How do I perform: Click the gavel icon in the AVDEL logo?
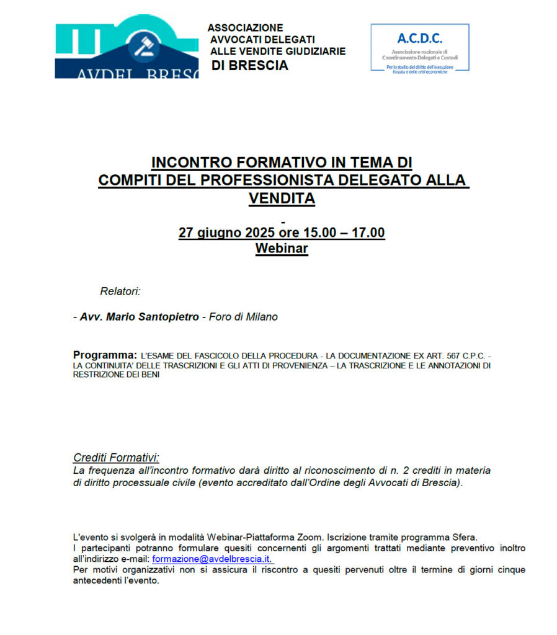tap(143, 48)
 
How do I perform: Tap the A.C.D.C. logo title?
tap(420, 38)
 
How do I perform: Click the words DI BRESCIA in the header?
tap(250, 66)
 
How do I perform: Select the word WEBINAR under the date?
tap(282, 248)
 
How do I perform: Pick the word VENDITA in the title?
tap(282, 198)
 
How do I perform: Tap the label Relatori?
tap(120, 290)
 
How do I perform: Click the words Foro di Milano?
tap(243, 317)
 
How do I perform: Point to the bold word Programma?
tap(105, 355)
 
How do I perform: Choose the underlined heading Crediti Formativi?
tap(116, 458)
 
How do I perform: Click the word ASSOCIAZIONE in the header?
tap(245, 28)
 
